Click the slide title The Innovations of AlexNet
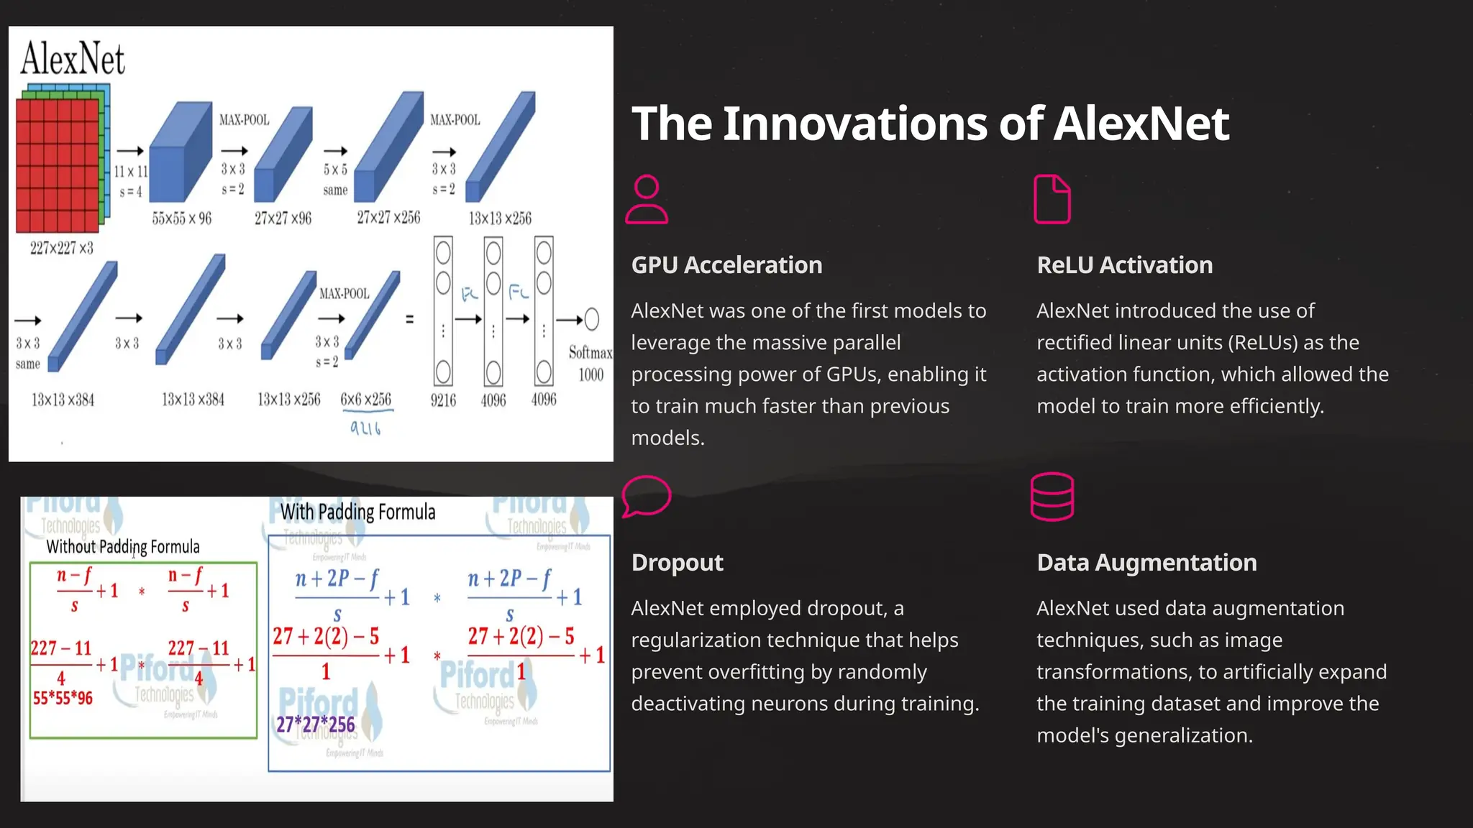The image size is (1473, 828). pyautogui.click(x=930, y=124)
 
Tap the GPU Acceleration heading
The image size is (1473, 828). pyautogui.click(x=726, y=265)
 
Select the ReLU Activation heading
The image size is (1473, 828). pyautogui.click(x=1124, y=265)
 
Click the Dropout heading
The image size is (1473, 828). pyautogui.click(x=677, y=563)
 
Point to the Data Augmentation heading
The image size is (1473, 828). pyautogui.click(x=1146, y=563)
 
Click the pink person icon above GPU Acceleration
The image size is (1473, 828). pyautogui.click(x=647, y=200)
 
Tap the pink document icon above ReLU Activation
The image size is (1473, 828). pyautogui.click(x=1052, y=199)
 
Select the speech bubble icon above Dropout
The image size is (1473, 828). pyautogui.click(x=646, y=496)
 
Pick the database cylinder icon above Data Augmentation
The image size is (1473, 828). pyautogui.click(x=1052, y=497)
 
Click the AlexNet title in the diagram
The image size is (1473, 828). pyautogui.click(x=73, y=59)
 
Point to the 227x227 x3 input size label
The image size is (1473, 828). pyautogui.click(x=62, y=249)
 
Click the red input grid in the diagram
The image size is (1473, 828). pyautogui.click(x=58, y=165)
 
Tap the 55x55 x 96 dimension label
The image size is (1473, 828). pyautogui.click(x=182, y=218)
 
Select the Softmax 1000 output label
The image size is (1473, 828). pyautogui.click(x=590, y=363)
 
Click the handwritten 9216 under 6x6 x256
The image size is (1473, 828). pyautogui.click(x=365, y=428)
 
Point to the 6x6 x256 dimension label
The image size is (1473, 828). pyautogui.click(x=366, y=400)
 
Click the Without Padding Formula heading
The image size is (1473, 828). pyautogui.click(x=123, y=547)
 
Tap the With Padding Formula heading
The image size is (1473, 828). pyautogui.click(x=357, y=512)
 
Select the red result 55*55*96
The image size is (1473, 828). pyautogui.click(x=63, y=698)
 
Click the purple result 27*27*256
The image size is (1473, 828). pyautogui.click(x=316, y=724)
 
